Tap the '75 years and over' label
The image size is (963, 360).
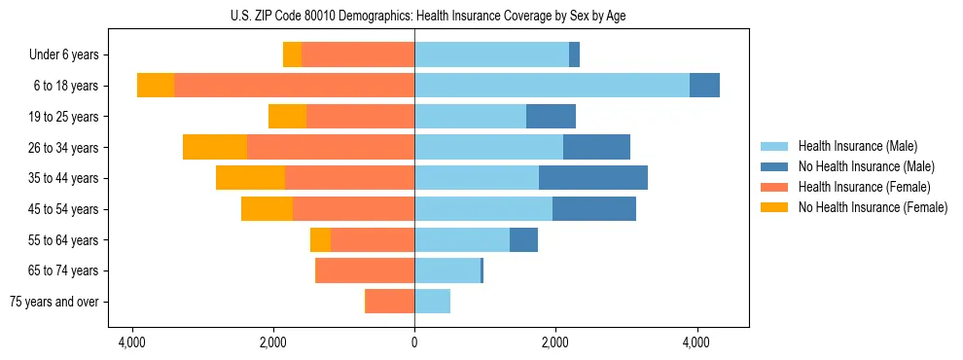[x=53, y=302]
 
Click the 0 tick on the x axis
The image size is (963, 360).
[x=414, y=342]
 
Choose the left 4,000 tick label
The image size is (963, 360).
[x=131, y=342]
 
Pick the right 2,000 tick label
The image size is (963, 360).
[x=555, y=342]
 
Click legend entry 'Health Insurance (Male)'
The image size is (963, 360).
[x=857, y=146]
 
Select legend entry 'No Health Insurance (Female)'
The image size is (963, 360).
[x=873, y=207]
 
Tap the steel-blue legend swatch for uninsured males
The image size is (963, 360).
[x=775, y=166]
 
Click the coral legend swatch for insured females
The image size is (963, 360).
[x=775, y=187]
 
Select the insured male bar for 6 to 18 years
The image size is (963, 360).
[x=552, y=85]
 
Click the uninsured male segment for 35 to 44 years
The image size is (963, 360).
[x=593, y=178]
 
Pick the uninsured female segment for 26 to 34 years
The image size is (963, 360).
[x=215, y=147]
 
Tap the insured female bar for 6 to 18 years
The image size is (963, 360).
[x=294, y=85]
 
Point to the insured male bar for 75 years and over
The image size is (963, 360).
[x=432, y=302]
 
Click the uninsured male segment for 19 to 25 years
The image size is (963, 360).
[x=551, y=116]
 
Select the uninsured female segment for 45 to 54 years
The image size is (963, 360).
[x=267, y=208]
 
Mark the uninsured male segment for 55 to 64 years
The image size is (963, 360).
[x=523, y=239]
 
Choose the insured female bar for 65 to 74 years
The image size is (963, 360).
[x=366, y=270]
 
